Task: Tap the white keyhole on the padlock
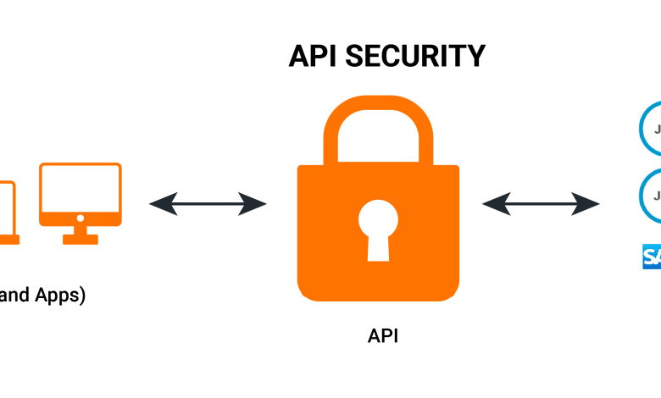377,224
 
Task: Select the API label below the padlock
383,335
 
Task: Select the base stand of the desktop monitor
81,238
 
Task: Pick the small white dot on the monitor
81,218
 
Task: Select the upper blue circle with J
652,130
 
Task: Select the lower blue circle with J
652,195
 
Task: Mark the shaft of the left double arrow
208,203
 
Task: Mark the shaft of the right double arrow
541,203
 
